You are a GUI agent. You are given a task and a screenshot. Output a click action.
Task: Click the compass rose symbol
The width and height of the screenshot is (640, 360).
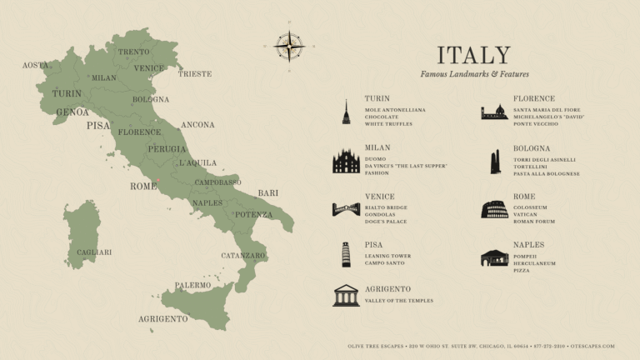289,46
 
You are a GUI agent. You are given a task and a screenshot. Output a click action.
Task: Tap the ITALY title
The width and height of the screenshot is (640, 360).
473,56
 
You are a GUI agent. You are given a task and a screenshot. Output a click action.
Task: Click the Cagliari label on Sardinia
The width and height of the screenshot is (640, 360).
94,252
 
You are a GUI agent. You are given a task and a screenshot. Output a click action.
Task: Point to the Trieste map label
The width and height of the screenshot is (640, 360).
195,74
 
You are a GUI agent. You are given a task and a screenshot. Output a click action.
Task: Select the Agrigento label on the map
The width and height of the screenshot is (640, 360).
162,319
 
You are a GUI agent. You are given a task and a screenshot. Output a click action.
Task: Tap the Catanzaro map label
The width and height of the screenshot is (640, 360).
243,255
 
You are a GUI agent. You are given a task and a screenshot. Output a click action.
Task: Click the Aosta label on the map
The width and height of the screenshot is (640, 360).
35,65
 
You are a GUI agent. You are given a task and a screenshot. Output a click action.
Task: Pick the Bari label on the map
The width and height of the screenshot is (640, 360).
267,192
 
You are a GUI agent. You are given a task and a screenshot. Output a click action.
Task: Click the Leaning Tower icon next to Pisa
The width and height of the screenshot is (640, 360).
346,254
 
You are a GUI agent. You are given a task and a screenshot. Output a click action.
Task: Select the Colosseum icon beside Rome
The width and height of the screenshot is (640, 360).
494,209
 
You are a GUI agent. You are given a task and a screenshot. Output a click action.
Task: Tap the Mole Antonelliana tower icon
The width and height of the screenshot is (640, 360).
346,112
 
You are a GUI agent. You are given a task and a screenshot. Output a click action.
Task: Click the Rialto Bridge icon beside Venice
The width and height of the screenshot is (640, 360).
346,209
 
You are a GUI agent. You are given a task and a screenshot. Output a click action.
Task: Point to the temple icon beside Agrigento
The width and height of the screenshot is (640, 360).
346,295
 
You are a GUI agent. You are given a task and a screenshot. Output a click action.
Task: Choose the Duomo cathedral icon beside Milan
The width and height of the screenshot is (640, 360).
346,161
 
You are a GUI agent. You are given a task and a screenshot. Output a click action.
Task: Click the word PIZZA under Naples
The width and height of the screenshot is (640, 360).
521,270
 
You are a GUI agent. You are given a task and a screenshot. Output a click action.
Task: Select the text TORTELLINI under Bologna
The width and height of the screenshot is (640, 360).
532,167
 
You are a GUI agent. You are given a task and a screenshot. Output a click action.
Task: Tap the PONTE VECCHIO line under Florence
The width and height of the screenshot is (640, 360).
536,124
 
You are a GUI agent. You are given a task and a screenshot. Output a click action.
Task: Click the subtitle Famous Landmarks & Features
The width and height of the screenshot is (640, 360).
474,74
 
